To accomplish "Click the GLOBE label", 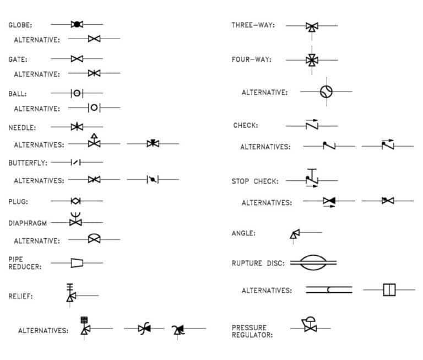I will tap(20, 25).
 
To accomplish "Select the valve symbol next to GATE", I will tap(77, 58).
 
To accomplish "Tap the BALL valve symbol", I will tap(77, 93).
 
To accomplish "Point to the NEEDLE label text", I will tap(22, 127).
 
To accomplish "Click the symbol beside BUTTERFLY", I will tap(77, 162).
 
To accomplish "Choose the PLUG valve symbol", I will tap(76, 201).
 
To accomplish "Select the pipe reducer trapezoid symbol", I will tap(77, 262).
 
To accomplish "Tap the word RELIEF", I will tap(20, 296).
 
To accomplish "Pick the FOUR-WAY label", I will tap(251, 60).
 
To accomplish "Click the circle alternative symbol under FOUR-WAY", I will tap(326, 92).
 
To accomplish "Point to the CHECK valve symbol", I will tap(312, 125).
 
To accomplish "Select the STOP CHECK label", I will tap(254, 181).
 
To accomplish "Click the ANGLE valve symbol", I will tap(295, 234).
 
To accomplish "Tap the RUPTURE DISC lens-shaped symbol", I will tap(312, 262).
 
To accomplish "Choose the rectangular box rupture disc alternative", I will tap(389, 289).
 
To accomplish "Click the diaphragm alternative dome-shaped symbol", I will tap(94, 239).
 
